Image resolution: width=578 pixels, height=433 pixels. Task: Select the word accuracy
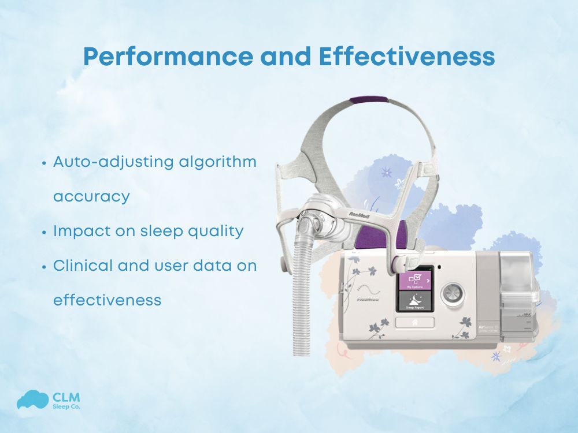tap(91, 196)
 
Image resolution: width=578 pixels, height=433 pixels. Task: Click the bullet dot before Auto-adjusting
tap(44, 163)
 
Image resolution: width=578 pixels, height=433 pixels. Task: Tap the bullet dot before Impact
tap(44, 232)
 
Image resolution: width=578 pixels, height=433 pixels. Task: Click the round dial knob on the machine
tap(452, 294)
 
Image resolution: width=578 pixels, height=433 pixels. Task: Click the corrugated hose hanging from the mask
tap(300, 300)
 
